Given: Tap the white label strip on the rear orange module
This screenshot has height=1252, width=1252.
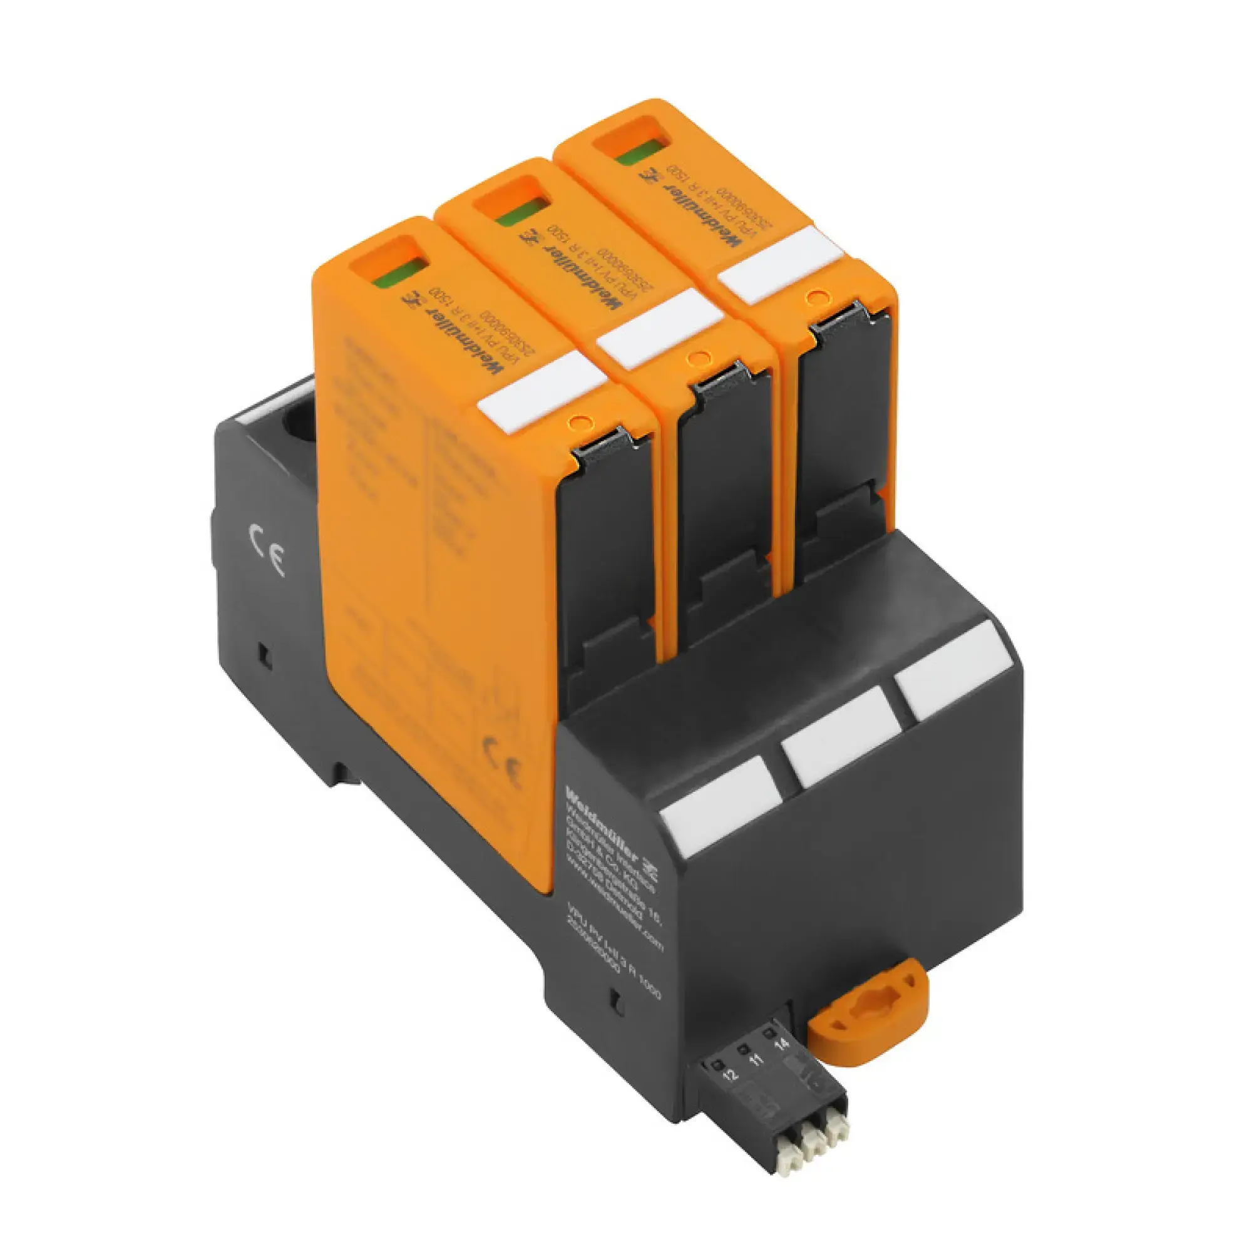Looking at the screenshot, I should click(x=779, y=264).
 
